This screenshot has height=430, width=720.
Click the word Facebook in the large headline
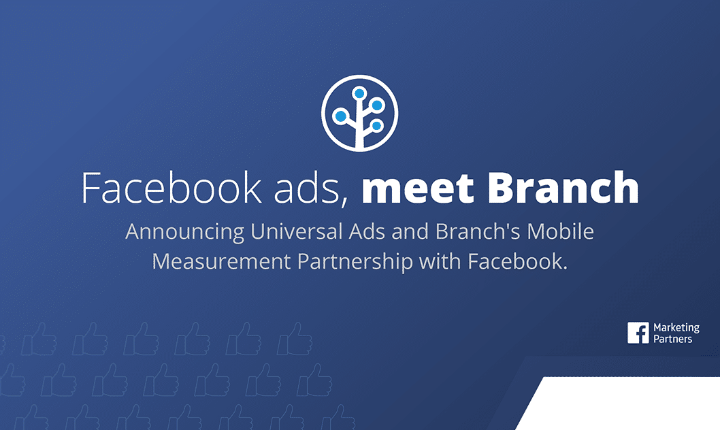tap(171, 188)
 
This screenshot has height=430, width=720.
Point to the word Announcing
tap(184, 232)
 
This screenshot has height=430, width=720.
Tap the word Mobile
tap(560, 231)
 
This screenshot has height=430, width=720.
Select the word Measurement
tap(221, 261)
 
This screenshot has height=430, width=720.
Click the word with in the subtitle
tap(440, 261)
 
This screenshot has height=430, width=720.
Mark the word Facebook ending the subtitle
tap(515, 261)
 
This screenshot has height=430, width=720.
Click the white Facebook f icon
tap(638, 333)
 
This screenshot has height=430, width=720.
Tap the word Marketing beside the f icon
tap(676, 328)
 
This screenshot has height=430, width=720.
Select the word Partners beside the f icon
tap(673, 339)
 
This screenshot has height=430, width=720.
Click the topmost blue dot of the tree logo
tap(359, 94)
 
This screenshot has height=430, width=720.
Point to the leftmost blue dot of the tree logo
tap(341, 116)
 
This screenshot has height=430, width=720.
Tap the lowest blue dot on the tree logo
tap(376, 125)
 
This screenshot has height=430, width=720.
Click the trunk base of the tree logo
tap(360, 145)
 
